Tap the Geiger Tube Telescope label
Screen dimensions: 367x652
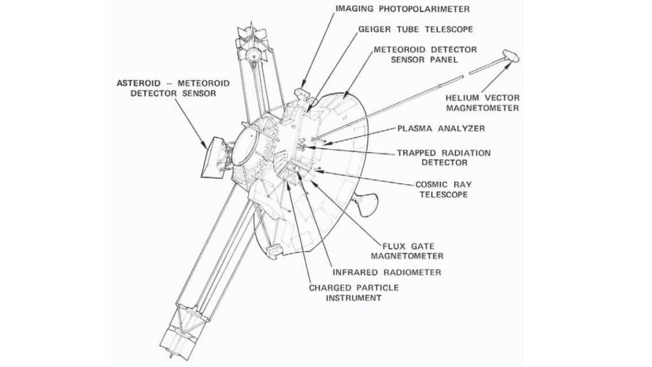coord(416,29)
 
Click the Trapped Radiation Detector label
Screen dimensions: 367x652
coord(444,158)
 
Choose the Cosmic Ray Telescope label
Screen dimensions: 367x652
coord(443,189)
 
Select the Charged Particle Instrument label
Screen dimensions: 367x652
coord(353,292)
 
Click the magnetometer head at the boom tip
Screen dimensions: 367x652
coord(511,56)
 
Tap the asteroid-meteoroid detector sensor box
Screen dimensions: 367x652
coord(211,156)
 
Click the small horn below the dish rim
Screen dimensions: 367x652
coord(368,203)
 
